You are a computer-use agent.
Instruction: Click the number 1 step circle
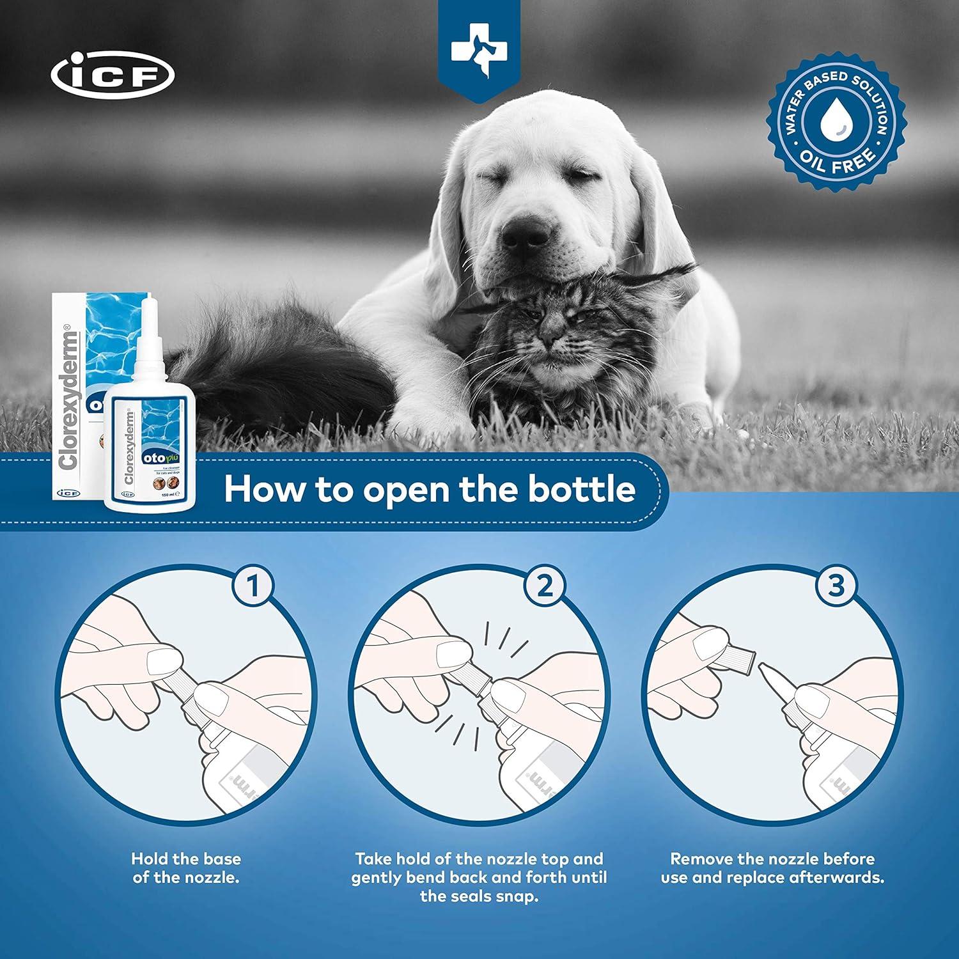[253, 586]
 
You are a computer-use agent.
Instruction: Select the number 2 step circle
[545, 586]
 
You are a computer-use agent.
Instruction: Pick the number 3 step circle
[836, 586]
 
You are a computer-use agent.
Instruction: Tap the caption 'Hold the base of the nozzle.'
[186, 868]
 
